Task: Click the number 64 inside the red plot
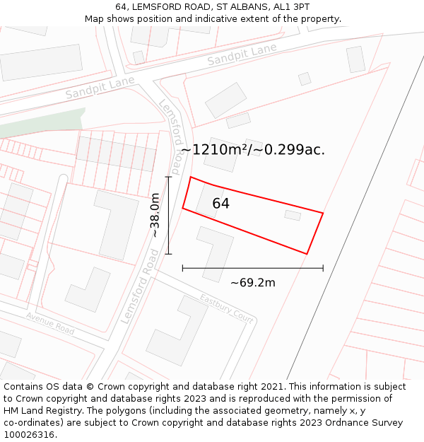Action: click(220, 204)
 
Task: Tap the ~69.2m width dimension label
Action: click(252, 283)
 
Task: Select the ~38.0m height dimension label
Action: click(155, 215)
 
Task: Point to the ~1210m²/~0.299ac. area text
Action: click(252, 149)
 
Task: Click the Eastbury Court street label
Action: click(226, 308)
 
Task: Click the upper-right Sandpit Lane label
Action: click(242, 54)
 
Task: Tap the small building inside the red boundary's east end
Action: click(293, 215)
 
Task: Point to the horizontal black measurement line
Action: click(252, 268)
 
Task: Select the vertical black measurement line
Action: click(168, 215)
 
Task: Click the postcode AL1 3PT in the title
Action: click(290, 6)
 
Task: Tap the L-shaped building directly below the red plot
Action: click(215, 252)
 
